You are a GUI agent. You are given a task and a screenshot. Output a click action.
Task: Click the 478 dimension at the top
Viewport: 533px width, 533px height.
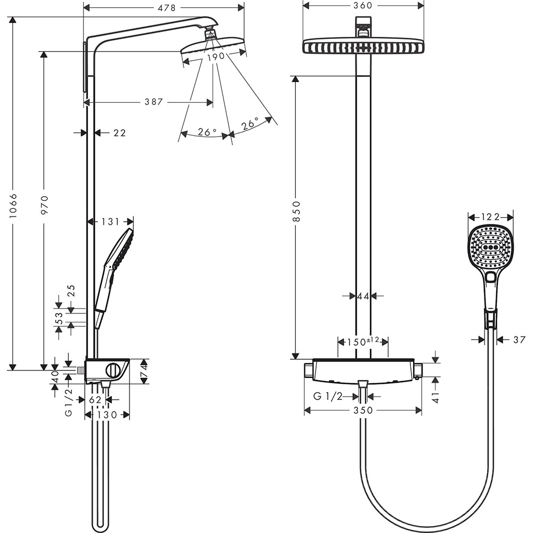[x=164, y=7]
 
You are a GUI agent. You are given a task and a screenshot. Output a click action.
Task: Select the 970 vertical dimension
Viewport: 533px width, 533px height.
[x=44, y=205]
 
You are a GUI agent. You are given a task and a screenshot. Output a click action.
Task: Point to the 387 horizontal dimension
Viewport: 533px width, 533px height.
[x=154, y=102]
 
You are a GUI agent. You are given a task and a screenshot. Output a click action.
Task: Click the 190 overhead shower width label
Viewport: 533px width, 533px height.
[x=214, y=56]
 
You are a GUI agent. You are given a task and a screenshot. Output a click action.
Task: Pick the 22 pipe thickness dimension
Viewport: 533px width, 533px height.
[x=119, y=133]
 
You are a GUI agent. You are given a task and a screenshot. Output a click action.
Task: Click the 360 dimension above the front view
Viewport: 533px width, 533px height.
[x=363, y=5]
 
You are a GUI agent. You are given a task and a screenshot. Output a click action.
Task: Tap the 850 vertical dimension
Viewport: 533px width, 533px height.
[x=297, y=211]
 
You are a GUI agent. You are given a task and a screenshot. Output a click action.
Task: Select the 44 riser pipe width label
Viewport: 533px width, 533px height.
[x=363, y=296]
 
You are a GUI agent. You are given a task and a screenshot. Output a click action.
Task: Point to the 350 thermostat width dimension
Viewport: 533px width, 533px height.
[x=363, y=410]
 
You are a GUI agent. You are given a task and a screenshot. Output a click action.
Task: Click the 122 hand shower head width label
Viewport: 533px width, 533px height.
[x=490, y=217]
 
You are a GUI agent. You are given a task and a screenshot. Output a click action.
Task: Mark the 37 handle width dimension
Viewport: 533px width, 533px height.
[x=519, y=340]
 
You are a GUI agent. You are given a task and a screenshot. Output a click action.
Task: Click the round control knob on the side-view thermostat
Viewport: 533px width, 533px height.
[x=113, y=369]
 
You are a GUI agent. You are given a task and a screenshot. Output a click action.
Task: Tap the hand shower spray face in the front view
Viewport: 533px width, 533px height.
[x=490, y=247]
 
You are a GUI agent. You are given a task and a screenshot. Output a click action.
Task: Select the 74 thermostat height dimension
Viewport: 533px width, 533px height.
[x=143, y=371]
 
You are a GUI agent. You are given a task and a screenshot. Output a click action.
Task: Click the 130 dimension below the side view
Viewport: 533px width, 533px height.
[x=107, y=415]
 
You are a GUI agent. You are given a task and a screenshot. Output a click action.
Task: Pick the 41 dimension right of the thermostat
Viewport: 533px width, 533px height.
[x=435, y=397]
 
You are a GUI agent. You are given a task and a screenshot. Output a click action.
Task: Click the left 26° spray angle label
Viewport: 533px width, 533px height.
[x=207, y=132]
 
